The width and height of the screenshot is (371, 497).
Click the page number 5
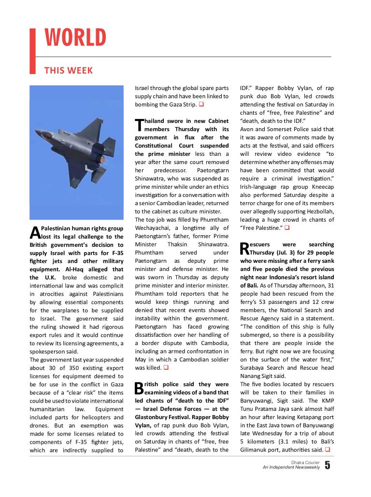[327, 466]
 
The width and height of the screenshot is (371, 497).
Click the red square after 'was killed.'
[165, 368]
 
